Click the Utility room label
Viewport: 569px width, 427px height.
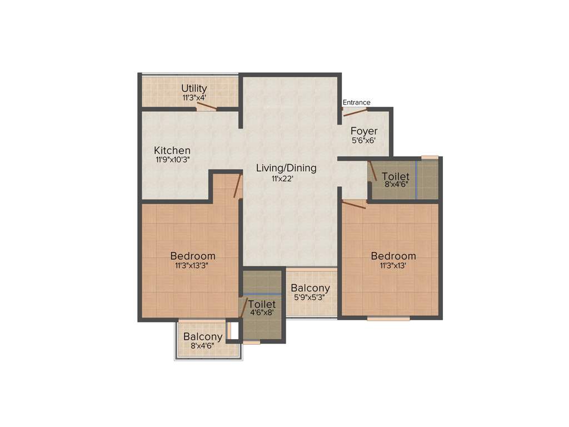(194, 88)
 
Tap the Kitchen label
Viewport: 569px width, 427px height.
(172, 151)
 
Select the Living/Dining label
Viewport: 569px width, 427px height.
(286, 168)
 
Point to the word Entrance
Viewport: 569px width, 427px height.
(356, 102)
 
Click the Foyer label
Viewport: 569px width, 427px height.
(364, 131)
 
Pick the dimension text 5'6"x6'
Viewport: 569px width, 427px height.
(364, 141)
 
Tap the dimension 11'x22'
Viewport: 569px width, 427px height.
(282, 178)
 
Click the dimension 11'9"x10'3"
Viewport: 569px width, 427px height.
(173, 160)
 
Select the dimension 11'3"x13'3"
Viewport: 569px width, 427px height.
(193, 265)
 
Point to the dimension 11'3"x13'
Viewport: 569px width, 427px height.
(393, 265)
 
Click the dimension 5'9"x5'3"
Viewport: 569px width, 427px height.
(310, 297)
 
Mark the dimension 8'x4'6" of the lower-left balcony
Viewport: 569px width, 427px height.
(203, 345)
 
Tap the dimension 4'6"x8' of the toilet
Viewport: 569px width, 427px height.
(262, 314)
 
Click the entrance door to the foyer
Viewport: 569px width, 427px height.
(355, 112)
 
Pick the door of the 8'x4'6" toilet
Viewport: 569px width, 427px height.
(373, 171)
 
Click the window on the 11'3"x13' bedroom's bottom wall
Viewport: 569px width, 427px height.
(388, 319)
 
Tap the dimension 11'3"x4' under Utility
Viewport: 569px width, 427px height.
(194, 97)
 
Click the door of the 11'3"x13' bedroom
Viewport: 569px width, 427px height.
(354, 205)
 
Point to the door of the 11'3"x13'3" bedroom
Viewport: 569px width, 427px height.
(238, 186)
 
